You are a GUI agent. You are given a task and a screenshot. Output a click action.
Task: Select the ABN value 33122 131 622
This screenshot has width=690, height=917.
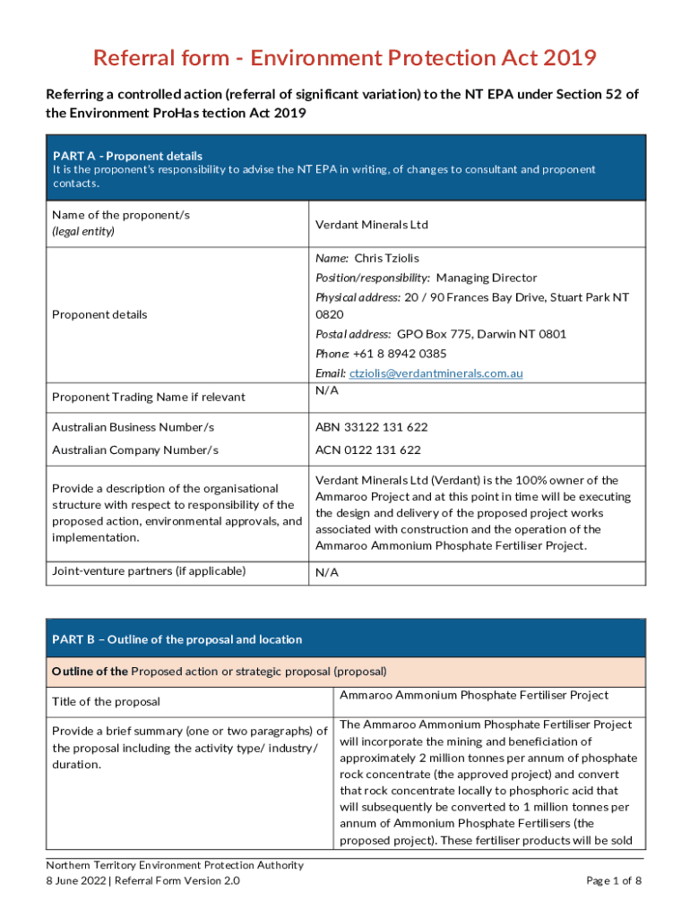click(x=371, y=427)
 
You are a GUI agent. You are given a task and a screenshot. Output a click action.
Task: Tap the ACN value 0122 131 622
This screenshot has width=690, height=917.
click(x=367, y=450)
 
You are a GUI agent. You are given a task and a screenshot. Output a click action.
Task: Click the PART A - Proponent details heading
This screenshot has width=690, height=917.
click(x=127, y=156)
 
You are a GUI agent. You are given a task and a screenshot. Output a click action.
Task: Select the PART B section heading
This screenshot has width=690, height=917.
click(x=177, y=639)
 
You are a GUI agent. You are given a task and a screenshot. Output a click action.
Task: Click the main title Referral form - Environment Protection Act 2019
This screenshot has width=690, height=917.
click(x=345, y=59)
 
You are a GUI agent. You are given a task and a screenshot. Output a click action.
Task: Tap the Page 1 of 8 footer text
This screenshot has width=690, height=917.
click(x=614, y=881)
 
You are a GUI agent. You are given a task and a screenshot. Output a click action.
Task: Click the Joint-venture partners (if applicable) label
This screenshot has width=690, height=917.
click(x=149, y=570)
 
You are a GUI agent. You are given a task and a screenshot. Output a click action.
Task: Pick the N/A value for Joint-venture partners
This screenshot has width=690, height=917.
click(x=327, y=573)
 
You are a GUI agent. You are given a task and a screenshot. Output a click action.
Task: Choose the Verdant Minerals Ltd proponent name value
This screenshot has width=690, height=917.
click(x=372, y=224)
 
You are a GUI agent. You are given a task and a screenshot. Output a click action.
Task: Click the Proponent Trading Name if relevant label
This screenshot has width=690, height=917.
click(x=148, y=397)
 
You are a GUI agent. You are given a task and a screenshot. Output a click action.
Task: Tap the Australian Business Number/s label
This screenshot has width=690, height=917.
click(x=133, y=427)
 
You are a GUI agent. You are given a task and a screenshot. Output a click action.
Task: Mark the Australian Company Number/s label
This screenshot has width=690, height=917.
click(x=135, y=450)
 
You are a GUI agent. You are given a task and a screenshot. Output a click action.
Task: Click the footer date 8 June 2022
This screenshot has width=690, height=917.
click(x=76, y=881)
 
